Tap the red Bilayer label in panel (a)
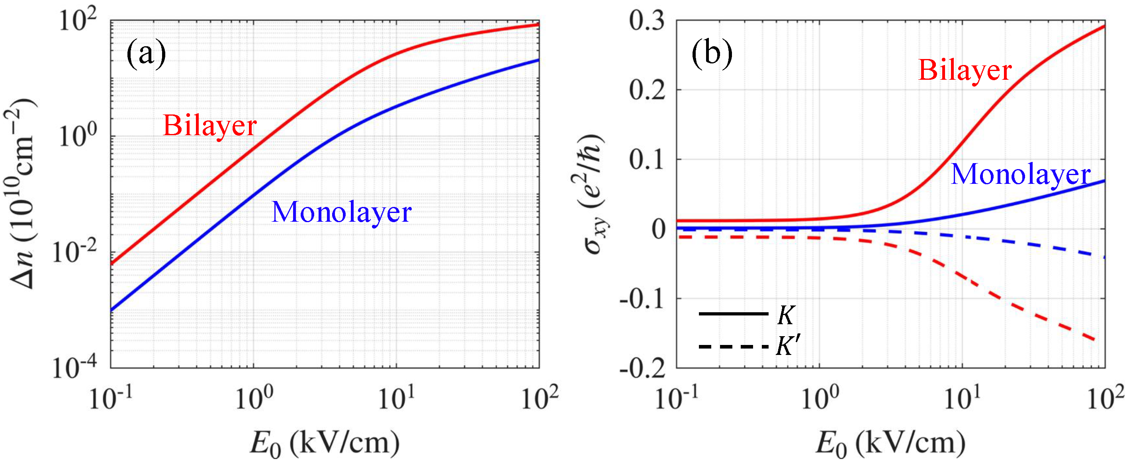pos(209,126)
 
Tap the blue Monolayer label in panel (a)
pos(341,213)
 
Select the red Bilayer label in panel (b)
pos(965,70)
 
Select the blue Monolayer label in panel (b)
pos(1020,174)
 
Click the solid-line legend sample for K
pos(733,314)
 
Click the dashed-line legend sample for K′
pos(733,347)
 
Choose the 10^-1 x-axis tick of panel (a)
pos(110,398)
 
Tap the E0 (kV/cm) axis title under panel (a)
pos(324,443)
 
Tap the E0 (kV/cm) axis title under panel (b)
pos(890,443)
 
